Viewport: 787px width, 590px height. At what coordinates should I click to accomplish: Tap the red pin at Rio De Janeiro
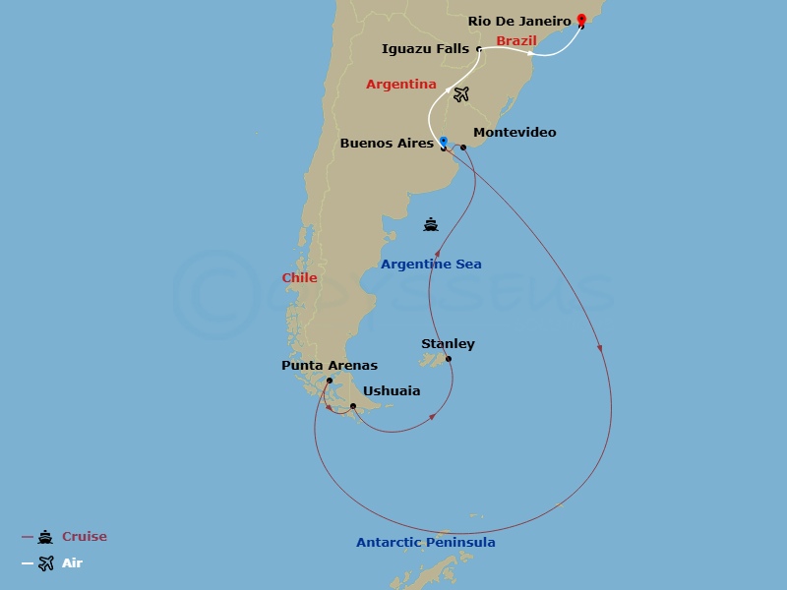point(581,20)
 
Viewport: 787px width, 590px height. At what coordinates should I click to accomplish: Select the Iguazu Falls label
point(425,48)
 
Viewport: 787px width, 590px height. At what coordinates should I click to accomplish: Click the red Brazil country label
point(515,41)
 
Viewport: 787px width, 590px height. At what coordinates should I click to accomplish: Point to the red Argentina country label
point(400,85)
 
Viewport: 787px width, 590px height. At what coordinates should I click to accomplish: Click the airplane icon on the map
point(461,94)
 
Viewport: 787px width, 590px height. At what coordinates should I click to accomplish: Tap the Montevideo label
point(515,132)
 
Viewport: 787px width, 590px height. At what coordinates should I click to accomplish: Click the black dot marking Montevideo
point(463,147)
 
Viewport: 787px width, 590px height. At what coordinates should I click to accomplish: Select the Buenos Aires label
point(387,143)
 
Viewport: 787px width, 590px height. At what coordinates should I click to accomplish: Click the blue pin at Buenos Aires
point(444,142)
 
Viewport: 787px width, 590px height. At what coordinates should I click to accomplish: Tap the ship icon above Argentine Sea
point(431,224)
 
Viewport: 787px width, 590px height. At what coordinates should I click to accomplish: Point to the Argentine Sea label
point(431,265)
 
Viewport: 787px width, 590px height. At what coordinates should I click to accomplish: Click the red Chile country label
point(299,278)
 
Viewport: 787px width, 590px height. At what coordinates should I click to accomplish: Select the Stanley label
point(448,343)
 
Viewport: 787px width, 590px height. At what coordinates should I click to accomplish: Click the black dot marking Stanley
point(449,359)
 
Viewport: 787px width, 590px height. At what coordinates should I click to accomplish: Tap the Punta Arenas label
point(329,366)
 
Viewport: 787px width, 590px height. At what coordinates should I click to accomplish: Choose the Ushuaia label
point(392,390)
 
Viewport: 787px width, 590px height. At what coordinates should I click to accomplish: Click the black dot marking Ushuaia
point(352,405)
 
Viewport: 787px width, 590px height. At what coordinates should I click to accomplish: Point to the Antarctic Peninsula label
point(425,542)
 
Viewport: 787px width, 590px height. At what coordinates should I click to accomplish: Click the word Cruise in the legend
point(85,537)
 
